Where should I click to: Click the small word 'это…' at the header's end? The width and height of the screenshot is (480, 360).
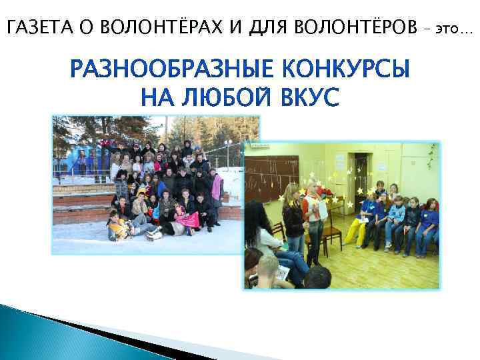pyautogui.click(x=453, y=29)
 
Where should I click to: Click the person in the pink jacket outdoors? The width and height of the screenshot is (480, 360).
pyautogui.click(x=217, y=188)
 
